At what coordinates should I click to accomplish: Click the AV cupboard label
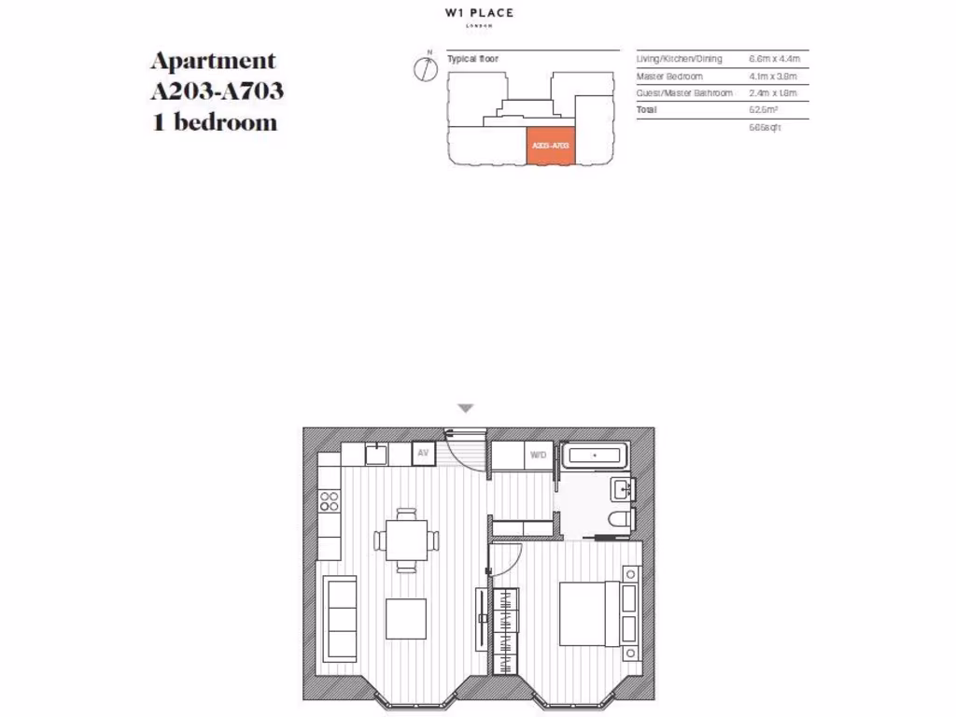(x=423, y=454)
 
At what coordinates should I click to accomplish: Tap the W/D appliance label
(x=538, y=455)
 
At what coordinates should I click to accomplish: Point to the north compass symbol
(x=427, y=68)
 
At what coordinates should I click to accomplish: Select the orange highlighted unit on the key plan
(x=550, y=147)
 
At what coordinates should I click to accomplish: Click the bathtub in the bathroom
(x=596, y=456)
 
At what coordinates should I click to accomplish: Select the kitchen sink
(x=375, y=454)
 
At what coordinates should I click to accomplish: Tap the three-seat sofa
(x=340, y=617)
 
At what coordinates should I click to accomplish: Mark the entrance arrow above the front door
(x=466, y=408)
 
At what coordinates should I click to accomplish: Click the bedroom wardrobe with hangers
(x=505, y=624)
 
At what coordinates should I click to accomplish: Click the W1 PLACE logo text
(x=479, y=13)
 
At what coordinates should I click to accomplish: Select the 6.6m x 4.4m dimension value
(x=775, y=59)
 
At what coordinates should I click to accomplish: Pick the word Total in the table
(x=647, y=110)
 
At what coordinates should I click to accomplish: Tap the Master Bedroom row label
(x=669, y=77)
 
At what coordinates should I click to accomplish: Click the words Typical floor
(x=472, y=59)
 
